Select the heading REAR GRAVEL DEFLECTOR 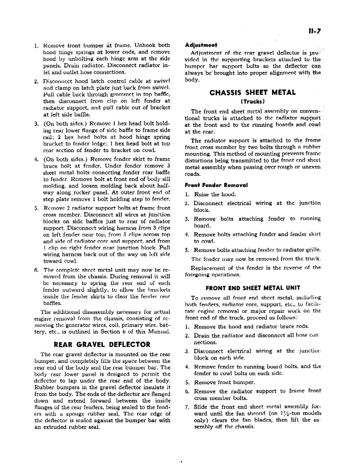point(102,344)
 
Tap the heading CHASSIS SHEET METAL point(253,92)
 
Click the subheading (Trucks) point(253,101)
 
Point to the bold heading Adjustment point(201,45)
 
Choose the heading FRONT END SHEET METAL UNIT point(253,288)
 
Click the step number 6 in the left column point(36,270)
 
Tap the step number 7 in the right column point(187,407)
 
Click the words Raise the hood point(215,194)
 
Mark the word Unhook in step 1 point(146,46)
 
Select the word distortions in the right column point(199,160)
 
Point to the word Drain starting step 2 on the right point(202,335)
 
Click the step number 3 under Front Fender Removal point(187,219)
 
